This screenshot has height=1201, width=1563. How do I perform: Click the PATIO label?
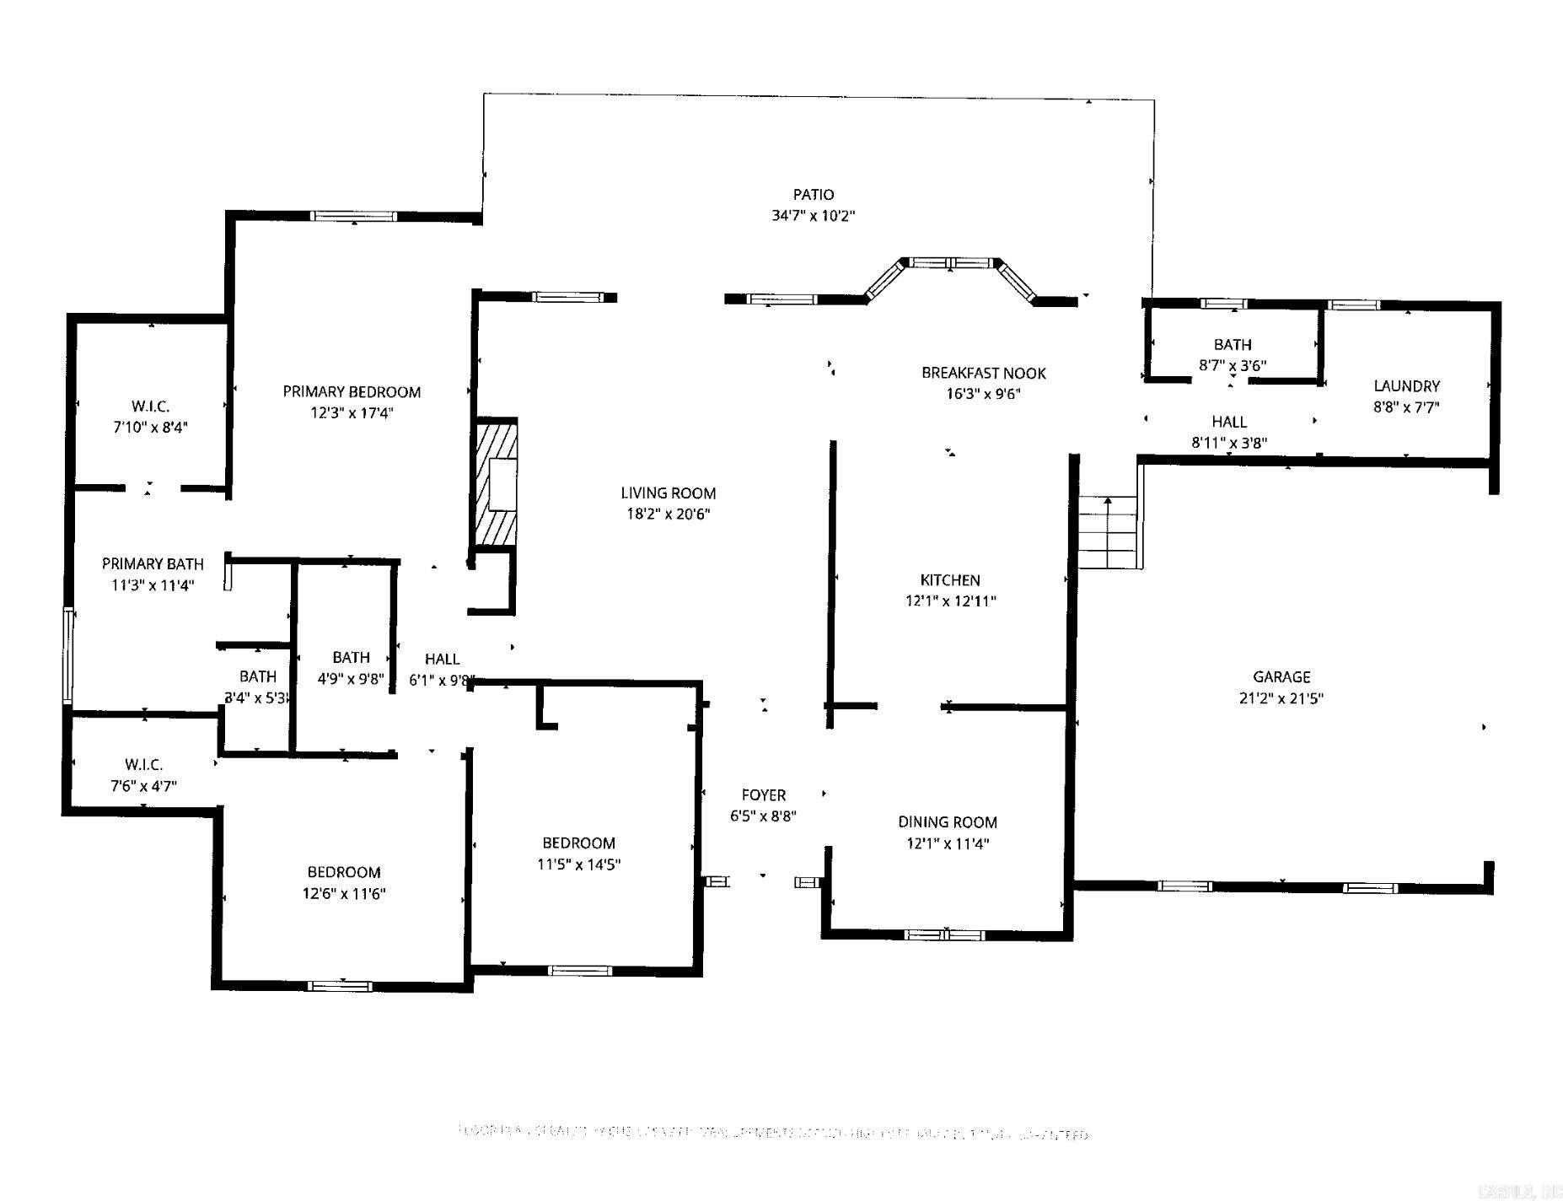813,195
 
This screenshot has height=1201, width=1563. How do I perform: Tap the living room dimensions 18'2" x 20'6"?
668,514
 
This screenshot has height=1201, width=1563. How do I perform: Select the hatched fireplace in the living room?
496,483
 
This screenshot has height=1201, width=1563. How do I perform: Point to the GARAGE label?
1281,676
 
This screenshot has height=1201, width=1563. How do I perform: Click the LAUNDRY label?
1406,386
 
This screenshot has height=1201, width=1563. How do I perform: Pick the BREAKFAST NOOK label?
983,373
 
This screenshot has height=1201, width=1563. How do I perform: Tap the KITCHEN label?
949,580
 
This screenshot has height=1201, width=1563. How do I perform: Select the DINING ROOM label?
947,821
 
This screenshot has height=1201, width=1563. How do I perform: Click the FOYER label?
763,794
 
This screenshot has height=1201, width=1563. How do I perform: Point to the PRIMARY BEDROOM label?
352,391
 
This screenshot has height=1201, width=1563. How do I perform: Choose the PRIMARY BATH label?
153,563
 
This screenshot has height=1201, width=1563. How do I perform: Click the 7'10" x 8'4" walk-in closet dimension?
150,428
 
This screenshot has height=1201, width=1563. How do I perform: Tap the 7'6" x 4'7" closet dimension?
143,786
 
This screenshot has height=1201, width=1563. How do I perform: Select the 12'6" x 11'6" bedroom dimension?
343,893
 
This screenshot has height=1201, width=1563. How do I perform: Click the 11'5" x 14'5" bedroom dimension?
578,864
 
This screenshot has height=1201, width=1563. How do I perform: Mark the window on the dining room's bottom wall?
944,934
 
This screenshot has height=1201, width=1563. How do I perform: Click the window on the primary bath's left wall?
67,655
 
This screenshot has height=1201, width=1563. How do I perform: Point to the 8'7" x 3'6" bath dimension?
1232,366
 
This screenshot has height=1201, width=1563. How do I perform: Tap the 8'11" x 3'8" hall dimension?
1228,442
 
